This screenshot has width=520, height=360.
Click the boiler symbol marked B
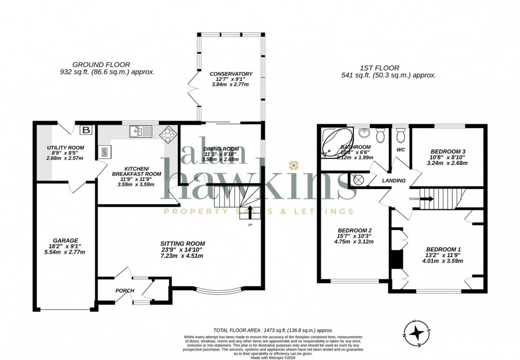(x=85, y=130)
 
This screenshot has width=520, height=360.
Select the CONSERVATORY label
(x=231, y=74)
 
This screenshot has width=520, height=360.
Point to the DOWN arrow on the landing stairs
(x=428, y=199)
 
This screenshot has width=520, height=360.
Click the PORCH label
(x=125, y=290)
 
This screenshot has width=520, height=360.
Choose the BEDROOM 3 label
(x=448, y=150)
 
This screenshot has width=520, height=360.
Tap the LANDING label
(x=394, y=181)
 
